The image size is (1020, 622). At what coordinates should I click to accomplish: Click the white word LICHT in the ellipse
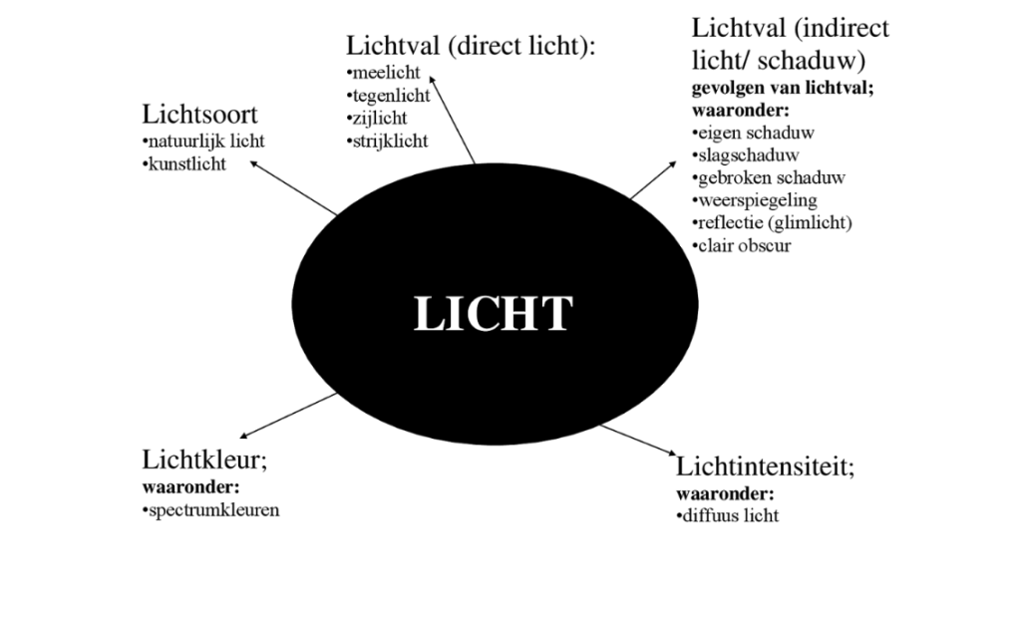pyautogui.click(x=493, y=314)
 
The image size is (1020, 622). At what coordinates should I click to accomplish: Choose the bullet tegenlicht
pyautogui.click(x=389, y=96)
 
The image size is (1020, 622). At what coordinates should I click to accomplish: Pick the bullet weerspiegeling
pyautogui.click(x=753, y=200)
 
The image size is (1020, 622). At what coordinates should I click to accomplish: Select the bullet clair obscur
pyautogui.click(x=740, y=245)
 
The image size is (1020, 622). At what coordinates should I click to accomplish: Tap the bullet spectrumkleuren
pyautogui.click(x=211, y=510)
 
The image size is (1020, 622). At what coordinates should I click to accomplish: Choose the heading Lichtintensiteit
pyautogui.click(x=766, y=466)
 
